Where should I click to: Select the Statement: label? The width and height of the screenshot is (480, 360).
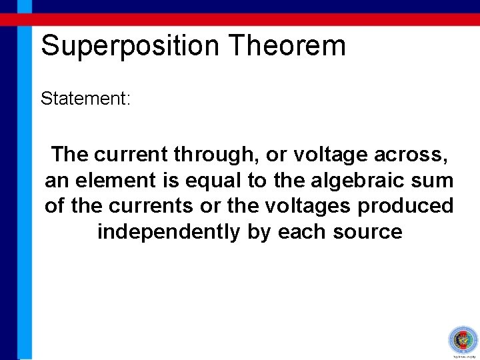(86, 99)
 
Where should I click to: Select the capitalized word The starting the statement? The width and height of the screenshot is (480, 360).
(70, 155)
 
